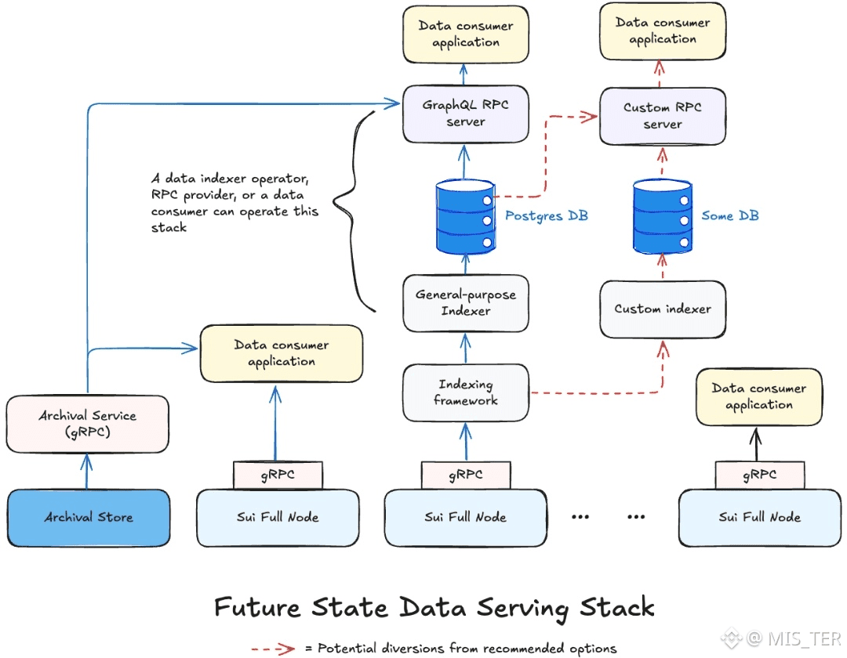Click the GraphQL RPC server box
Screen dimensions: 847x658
(x=466, y=114)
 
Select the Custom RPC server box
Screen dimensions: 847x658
(x=663, y=116)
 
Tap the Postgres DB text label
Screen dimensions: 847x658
(x=546, y=215)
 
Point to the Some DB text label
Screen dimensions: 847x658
(x=730, y=215)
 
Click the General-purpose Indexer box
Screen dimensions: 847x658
(x=466, y=303)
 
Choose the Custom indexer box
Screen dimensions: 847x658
(x=663, y=309)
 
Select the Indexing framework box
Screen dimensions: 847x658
(x=466, y=392)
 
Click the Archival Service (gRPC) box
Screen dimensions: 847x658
(x=88, y=424)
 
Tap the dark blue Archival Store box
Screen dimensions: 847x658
(x=89, y=518)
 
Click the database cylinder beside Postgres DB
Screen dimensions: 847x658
(x=466, y=217)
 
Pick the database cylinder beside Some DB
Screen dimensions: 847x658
(x=663, y=217)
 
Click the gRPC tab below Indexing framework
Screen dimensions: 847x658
(x=466, y=475)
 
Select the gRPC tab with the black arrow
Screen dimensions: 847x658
(x=760, y=475)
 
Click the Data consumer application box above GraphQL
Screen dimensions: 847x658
(x=466, y=34)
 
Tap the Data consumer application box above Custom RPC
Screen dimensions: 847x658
(x=663, y=31)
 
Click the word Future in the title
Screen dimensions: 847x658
(x=257, y=608)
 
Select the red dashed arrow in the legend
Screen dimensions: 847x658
(x=274, y=649)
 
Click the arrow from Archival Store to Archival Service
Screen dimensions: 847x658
(x=86, y=472)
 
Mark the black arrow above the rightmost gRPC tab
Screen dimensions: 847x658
(x=756, y=444)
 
